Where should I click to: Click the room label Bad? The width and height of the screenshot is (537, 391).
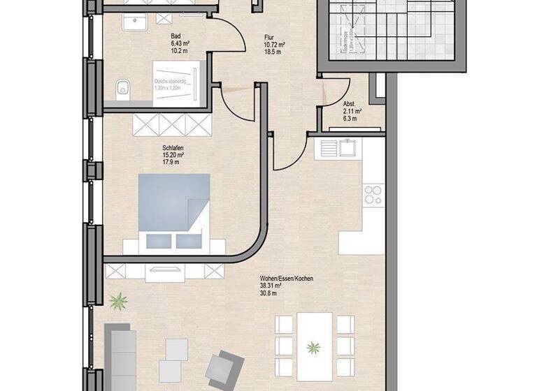176,35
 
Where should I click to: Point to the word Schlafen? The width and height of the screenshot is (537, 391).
173,148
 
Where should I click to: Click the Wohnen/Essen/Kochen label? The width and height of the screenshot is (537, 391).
286,279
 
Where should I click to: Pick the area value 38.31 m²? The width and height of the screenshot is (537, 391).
270,286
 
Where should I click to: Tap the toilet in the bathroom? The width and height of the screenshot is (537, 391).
123,89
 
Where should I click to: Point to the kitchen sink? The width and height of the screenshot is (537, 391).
348,147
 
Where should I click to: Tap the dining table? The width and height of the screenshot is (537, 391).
314,345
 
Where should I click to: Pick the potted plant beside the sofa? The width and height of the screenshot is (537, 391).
118,302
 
